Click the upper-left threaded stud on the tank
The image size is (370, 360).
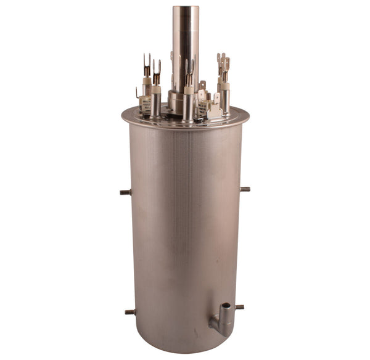pyautogui.click(x=125, y=192)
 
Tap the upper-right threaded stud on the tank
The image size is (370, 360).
pyautogui.click(x=245, y=189)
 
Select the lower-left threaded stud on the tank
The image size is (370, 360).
pyautogui.click(x=129, y=312)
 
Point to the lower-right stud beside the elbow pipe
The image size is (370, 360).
pyautogui.click(x=240, y=306)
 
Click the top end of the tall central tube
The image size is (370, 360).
pyautogui.click(x=185, y=9)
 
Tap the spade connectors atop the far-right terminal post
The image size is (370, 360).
pyautogui.click(x=223, y=62)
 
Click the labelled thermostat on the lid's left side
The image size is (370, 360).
pyautogui.click(x=146, y=105)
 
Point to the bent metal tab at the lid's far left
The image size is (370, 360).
pyautogui.click(x=138, y=93)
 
